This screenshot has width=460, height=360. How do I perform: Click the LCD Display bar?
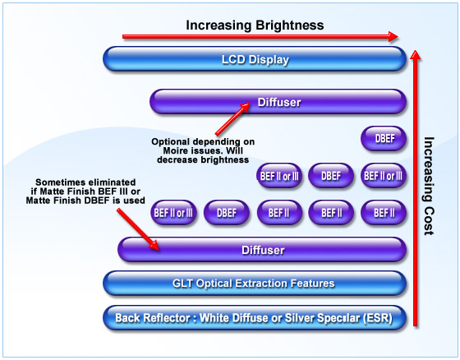[255, 59]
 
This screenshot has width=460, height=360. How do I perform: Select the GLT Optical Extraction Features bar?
[255, 284]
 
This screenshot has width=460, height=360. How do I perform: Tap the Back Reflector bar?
[255, 318]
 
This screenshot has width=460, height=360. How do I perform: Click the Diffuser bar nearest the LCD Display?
[278, 102]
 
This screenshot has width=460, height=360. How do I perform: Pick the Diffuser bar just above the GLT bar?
[262, 250]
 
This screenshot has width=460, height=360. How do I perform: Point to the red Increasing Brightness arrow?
[260, 36]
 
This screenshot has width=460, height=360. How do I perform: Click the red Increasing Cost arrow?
[415, 188]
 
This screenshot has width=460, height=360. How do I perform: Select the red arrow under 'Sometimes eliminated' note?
[138, 229]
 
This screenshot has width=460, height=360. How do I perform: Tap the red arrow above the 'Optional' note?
[232, 119]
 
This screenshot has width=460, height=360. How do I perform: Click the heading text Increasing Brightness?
[255, 25]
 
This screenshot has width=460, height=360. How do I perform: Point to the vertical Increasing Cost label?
[429, 186]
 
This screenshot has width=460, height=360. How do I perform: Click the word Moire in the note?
[177, 151]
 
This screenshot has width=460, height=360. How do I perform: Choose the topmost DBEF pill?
[384, 139]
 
